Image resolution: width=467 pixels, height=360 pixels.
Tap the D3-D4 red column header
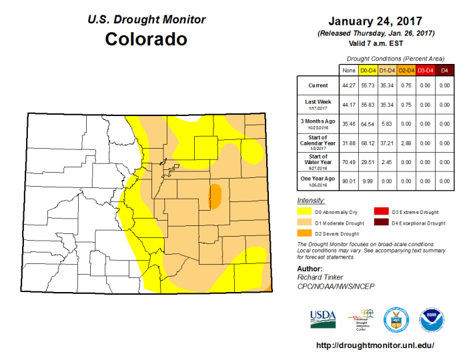tap(426, 69)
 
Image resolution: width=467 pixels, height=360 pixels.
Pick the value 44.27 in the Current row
tap(348, 85)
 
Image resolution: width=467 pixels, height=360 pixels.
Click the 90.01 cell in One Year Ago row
tap(348, 180)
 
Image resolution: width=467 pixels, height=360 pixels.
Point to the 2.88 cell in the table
tap(406, 143)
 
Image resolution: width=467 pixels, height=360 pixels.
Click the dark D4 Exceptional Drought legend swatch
tap(380, 223)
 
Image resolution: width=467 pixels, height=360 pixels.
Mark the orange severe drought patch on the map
tap(215, 195)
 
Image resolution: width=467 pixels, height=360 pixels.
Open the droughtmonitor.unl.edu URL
tap(374, 345)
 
